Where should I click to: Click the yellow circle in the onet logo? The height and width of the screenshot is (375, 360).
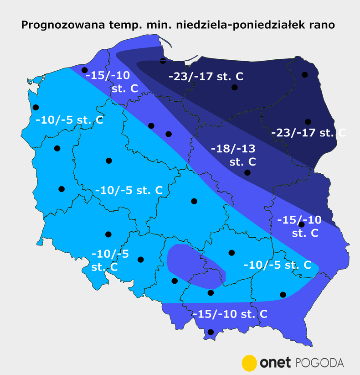click(250, 363)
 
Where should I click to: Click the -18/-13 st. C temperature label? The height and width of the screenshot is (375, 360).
click(232, 155)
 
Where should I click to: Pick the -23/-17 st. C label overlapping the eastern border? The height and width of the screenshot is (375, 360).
click(308, 133)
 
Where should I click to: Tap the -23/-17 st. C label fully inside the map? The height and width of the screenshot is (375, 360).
click(206, 76)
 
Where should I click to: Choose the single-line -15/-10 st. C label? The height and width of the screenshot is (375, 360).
click(229, 314)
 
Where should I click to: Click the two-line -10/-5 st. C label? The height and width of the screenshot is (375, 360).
click(110, 260)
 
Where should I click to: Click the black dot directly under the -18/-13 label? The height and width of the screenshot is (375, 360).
click(247, 173)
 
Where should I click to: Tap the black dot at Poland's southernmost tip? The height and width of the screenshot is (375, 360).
click(211, 332)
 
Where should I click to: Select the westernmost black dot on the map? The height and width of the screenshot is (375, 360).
click(36, 108)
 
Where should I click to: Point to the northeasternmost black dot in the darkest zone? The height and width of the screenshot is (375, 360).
click(304, 74)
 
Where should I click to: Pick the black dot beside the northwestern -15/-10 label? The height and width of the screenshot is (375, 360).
click(84, 70)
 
